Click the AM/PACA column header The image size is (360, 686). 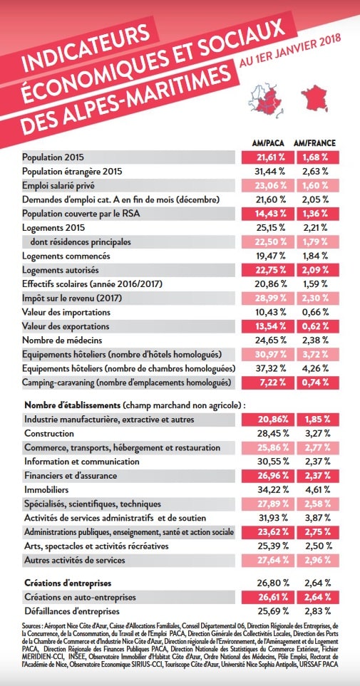(x=268, y=143)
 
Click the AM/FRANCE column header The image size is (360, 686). (x=314, y=143)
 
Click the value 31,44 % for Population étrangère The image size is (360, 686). (x=270, y=172)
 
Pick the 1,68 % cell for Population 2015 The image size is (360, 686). (x=317, y=157)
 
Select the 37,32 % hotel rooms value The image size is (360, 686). (x=270, y=369)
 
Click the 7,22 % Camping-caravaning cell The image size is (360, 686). (x=267, y=383)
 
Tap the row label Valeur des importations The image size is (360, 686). (x=66, y=313)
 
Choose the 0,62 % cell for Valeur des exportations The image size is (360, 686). (x=317, y=327)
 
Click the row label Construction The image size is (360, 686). (x=49, y=434)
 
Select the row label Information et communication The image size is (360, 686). (x=82, y=462)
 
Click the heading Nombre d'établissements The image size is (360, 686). (x=72, y=405)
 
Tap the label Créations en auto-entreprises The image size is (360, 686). (x=80, y=597)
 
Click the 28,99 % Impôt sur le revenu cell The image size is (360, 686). (x=267, y=298)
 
